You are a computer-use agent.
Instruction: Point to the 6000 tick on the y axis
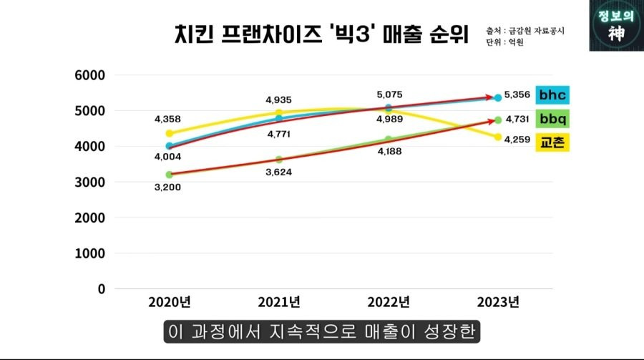(x=90, y=75)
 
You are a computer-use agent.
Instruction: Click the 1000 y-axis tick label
(x=90, y=253)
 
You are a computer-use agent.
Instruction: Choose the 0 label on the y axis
(x=101, y=289)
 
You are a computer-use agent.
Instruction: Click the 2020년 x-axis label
(x=169, y=302)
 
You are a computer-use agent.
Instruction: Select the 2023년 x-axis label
(x=498, y=302)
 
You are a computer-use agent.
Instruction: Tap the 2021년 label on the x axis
(x=279, y=302)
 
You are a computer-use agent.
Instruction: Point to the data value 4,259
(x=517, y=140)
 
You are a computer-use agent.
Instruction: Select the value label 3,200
(x=169, y=187)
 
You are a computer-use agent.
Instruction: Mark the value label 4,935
(x=278, y=100)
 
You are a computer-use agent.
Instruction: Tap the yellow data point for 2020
(x=169, y=133)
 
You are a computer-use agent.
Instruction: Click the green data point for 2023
(x=498, y=120)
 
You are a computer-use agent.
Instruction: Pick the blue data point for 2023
(x=498, y=97)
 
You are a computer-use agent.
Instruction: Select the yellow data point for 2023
(x=498, y=137)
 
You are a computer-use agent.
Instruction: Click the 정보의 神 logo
(x=615, y=26)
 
